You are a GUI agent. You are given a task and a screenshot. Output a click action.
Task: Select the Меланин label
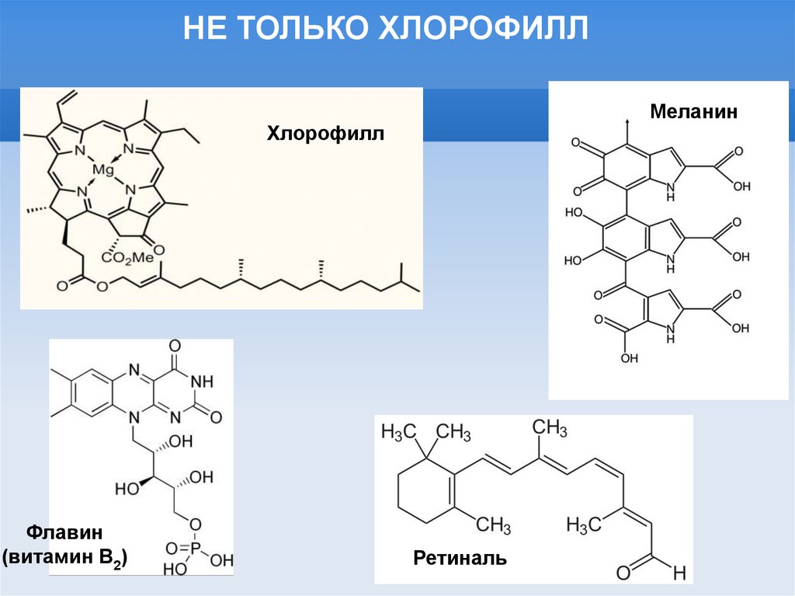click(x=693, y=111)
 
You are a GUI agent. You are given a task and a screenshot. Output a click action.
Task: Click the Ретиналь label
click(x=460, y=557)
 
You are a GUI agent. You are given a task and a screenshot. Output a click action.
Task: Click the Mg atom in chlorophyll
click(x=102, y=169)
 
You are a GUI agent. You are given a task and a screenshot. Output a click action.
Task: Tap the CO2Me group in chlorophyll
click(x=128, y=258)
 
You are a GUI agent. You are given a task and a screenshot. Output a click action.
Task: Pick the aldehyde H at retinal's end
click(x=679, y=573)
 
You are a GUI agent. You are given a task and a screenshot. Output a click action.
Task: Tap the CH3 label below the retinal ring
click(x=494, y=525)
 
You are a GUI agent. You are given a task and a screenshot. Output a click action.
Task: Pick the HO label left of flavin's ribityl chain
click(x=127, y=490)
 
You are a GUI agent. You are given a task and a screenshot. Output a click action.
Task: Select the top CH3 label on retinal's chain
click(x=550, y=427)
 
